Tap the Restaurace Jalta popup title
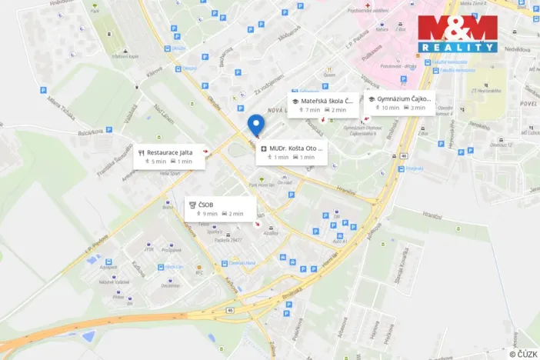point(168,152)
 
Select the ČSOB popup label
point(205,205)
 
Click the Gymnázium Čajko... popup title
point(404,99)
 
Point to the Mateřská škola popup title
point(327,101)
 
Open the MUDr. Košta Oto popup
point(297,148)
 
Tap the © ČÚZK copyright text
point(524,352)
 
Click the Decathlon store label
point(170,285)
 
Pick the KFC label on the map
point(199,272)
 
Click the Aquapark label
point(108,268)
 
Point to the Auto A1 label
point(339,242)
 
